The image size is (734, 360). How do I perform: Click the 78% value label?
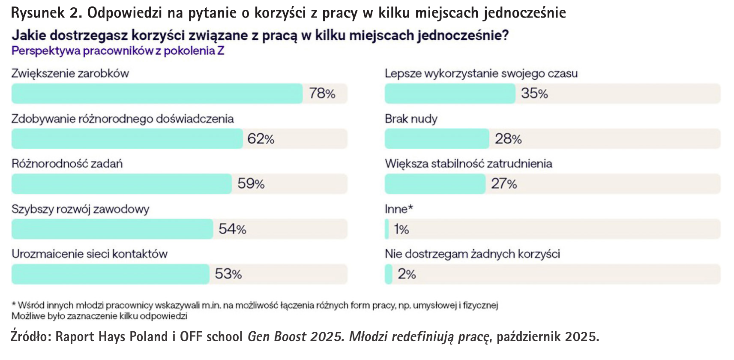[x=322, y=93]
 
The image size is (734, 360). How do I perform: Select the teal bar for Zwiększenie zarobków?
[x=157, y=93]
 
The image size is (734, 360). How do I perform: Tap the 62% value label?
[x=261, y=139]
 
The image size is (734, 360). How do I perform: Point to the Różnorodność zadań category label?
[x=67, y=164]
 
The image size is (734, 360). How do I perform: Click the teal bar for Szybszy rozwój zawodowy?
[x=112, y=229]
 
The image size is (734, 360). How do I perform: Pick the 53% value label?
[x=228, y=274]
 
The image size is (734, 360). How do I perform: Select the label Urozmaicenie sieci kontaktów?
[x=89, y=254]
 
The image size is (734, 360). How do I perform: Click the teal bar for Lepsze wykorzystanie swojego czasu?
[x=449, y=93]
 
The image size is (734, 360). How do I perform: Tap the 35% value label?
[x=534, y=93]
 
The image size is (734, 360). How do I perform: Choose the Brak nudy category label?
[x=411, y=119]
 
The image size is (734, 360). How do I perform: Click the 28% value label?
[x=508, y=139]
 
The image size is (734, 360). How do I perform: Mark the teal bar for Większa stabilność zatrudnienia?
[x=435, y=184]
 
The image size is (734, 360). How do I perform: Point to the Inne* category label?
[x=398, y=209]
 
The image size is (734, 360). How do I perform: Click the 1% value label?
[x=401, y=229]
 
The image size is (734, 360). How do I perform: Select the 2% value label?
[x=407, y=274]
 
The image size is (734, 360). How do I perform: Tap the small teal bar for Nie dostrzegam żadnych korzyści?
[x=389, y=274]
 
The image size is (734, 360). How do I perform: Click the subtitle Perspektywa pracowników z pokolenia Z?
[x=118, y=51]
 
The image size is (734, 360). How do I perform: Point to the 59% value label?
[x=251, y=184]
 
